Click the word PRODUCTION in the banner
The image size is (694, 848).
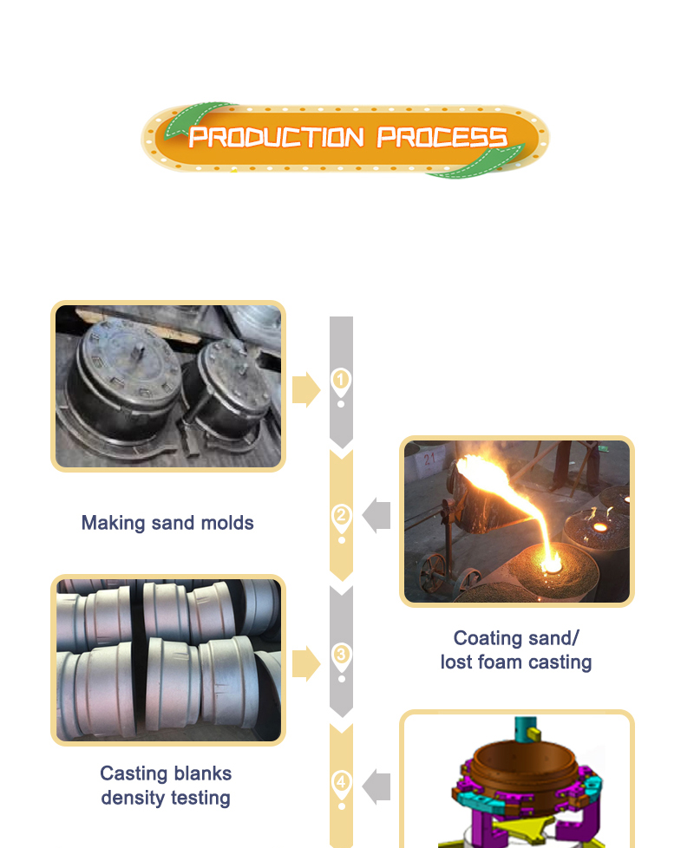click(x=276, y=137)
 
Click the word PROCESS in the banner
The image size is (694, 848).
click(x=442, y=137)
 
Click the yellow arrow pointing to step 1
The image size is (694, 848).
click(x=306, y=389)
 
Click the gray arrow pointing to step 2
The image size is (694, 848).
click(x=376, y=515)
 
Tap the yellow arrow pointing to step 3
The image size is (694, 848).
click(x=306, y=663)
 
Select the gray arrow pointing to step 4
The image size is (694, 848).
click(x=376, y=787)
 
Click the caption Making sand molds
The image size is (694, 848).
click(x=167, y=523)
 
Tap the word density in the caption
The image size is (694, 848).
click(x=133, y=799)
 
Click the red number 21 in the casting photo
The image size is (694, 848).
click(x=429, y=460)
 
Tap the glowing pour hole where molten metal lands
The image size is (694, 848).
click(x=553, y=566)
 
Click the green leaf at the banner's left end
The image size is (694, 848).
click(x=194, y=119)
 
